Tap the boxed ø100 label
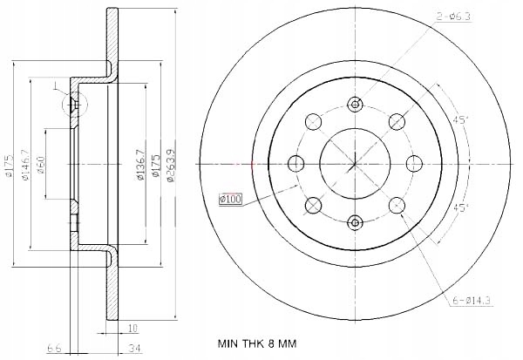pos(229,200)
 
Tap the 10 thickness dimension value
pos(131,329)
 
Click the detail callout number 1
pos(54,85)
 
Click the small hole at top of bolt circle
pos(354,104)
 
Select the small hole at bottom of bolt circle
pos(354,222)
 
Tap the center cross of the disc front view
pos(354,163)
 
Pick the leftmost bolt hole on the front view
pos(295,163)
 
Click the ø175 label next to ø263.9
pos(155,163)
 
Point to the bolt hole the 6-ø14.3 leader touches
pos(397,206)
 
